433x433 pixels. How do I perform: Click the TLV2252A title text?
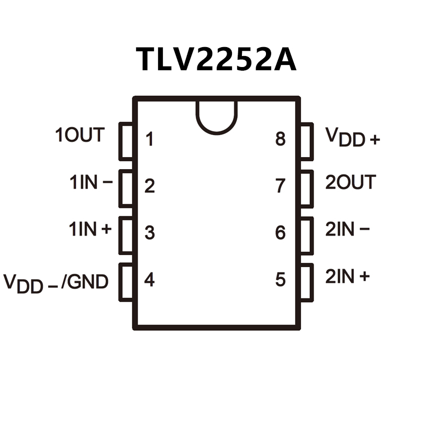tap(216, 59)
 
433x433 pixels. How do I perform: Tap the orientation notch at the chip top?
tap(216, 116)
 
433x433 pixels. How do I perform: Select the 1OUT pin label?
tap(80, 135)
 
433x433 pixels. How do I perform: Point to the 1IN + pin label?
tap(91, 229)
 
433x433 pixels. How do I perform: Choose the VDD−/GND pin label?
tap(56, 283)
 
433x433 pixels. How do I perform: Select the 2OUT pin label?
tap(350, 182)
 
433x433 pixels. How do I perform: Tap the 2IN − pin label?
tap(348, 229)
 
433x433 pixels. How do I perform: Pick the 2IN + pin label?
tap(348, 276)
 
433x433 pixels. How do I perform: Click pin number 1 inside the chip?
tap(150, 140)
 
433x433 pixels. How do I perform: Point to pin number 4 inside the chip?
tap(150, 280)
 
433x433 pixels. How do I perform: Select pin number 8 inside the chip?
tap(281, 139)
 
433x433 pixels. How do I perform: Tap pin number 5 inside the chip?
tap(281, 280)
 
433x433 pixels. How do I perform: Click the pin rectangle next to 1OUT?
tap(127, 141)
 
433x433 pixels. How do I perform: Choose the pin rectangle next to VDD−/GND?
tap(127, 282)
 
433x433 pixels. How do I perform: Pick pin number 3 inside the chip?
tap(150, 232)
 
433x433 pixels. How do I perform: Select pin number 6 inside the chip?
tap(281, 232)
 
